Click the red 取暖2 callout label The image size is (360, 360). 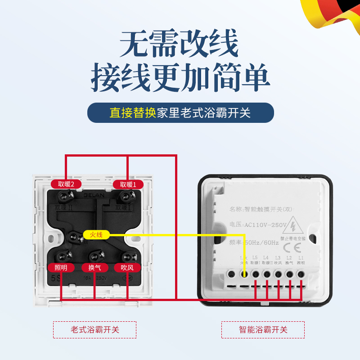66,184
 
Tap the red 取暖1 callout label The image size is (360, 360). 128,184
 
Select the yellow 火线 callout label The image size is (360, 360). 97,234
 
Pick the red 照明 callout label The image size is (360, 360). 61,268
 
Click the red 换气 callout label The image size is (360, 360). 94,268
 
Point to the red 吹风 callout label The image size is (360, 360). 127,268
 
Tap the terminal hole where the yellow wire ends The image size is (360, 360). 244,274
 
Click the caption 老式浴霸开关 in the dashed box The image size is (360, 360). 94,329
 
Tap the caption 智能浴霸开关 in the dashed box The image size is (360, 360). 263,329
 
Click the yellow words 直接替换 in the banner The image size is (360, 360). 133,112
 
